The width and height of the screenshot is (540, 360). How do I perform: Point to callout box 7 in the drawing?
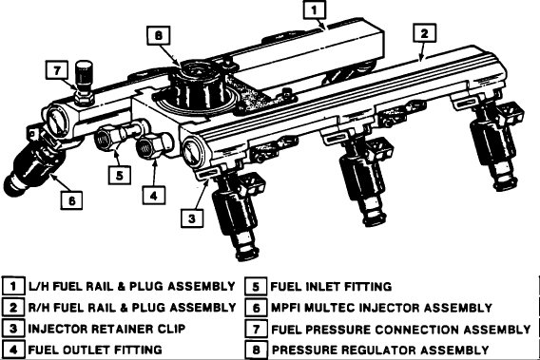coord(56,70)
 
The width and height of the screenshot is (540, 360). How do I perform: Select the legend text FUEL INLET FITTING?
coord(330,285)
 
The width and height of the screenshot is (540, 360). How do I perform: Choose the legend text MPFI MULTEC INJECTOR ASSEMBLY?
coord(381,307)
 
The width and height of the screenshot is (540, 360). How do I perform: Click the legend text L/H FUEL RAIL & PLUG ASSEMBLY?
coord(132,285)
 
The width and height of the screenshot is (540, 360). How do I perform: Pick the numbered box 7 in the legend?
coord(256,329)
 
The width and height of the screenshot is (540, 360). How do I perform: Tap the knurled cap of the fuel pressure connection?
coord(86,72)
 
